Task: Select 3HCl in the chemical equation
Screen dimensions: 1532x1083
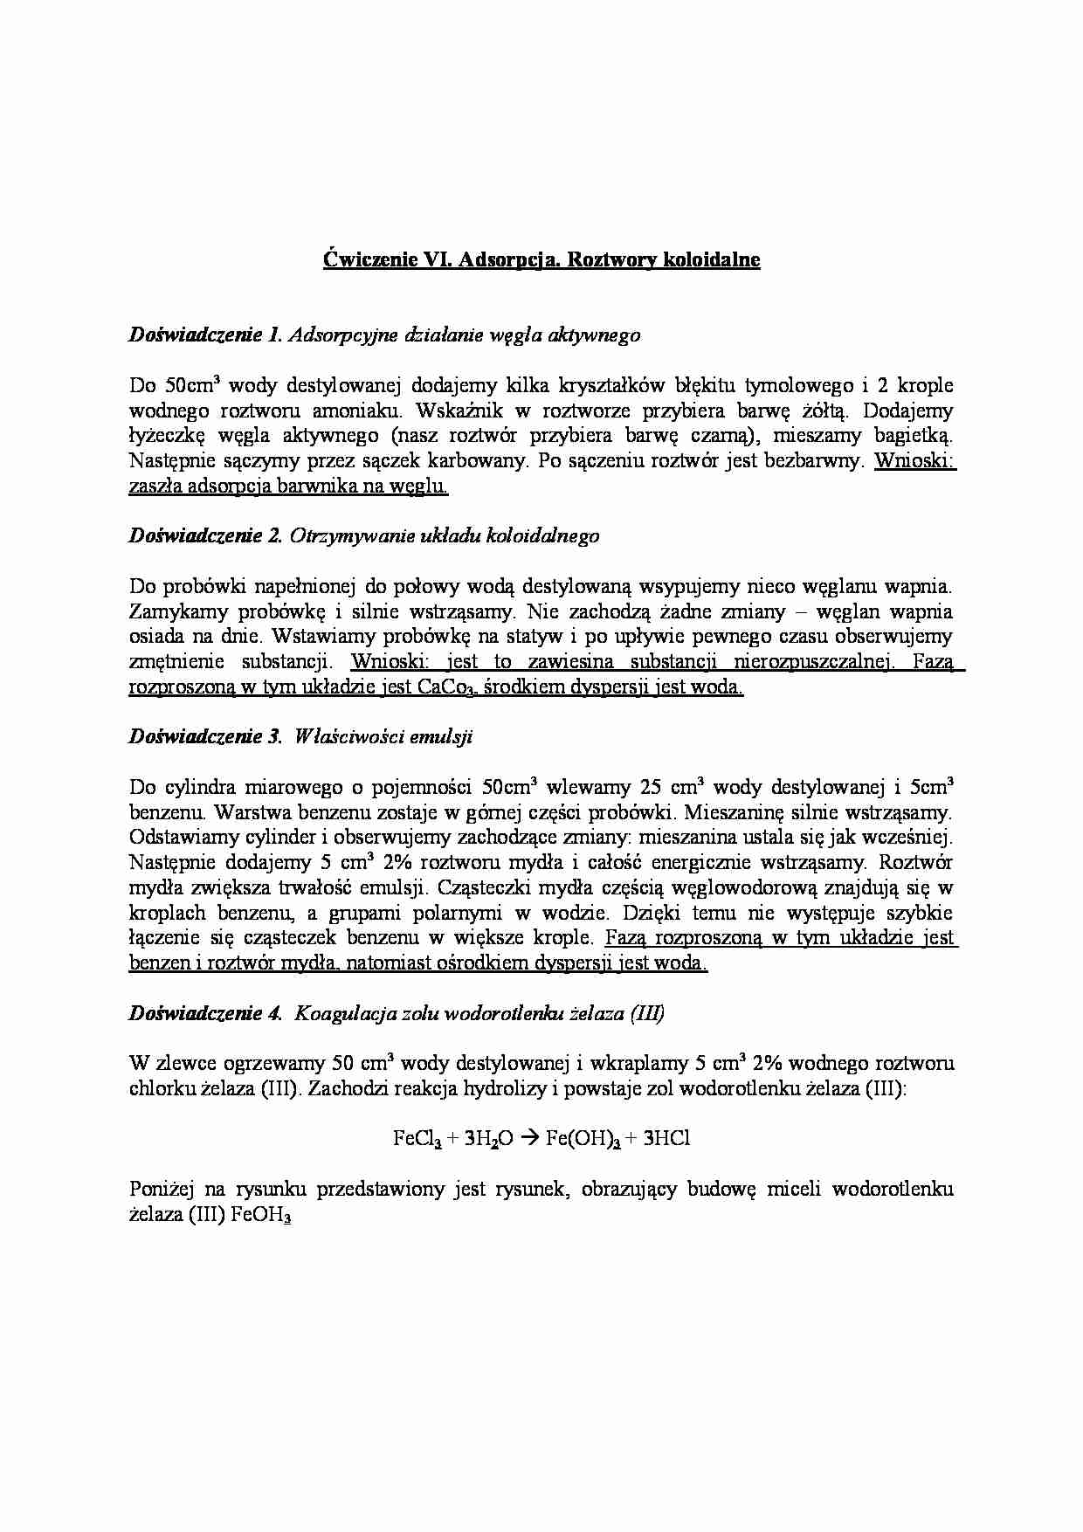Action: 666,1139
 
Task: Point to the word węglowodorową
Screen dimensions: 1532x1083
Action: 742,887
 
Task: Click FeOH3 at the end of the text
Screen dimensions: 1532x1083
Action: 260,1216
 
